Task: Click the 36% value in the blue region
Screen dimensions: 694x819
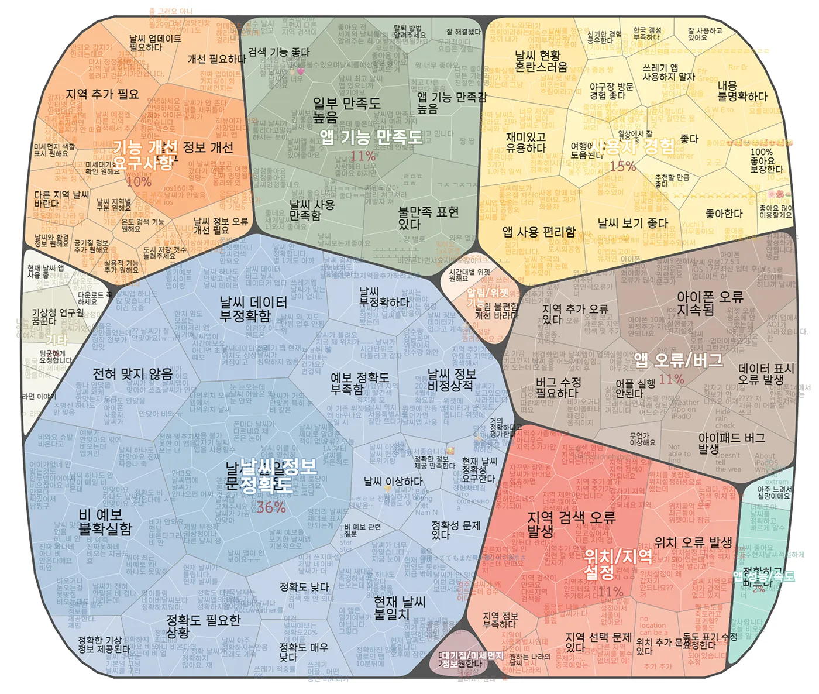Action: (271, 507)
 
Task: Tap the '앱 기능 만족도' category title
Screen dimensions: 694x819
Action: (371, 138)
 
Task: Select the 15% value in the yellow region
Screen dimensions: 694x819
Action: (622, 166)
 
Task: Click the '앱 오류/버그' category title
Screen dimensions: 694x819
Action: (679, 360)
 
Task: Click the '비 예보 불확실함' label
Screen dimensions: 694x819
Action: (105, 522)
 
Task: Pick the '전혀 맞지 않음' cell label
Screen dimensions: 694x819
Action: (133, 373)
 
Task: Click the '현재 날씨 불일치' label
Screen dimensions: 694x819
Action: (400, 607)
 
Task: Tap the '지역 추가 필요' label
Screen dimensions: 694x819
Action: (102, 94)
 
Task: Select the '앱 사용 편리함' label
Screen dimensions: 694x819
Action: (539, 232)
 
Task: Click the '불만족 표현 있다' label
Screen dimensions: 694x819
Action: (428, 218)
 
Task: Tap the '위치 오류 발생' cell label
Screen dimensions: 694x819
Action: (693, 542)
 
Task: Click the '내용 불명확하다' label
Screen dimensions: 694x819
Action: (742, 91)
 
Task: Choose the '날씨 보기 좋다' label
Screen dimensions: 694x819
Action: (632, 223)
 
